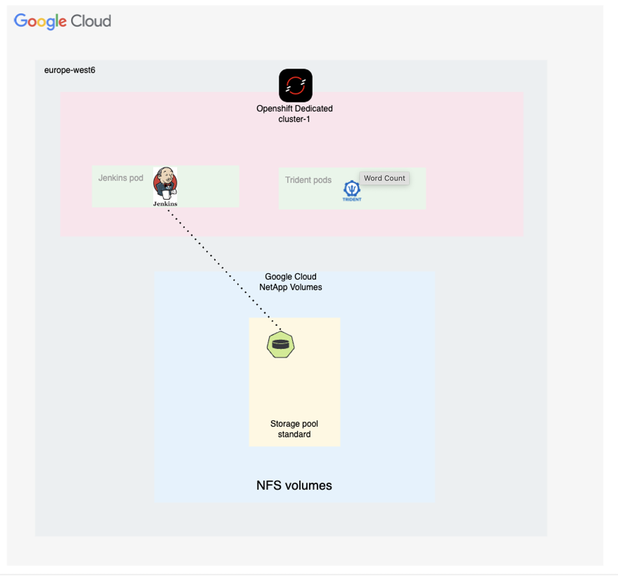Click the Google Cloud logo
62,21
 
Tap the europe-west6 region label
70,70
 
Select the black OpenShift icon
295,85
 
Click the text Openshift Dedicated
294,109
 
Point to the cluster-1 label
294,119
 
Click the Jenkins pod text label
120,178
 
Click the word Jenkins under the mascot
165,204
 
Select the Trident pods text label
308,180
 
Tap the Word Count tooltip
384,178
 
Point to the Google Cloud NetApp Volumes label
290,282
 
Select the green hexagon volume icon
280,344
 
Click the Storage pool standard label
294,429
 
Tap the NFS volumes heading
294,485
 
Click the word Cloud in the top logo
91,21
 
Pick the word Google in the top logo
40,21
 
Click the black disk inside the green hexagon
280,344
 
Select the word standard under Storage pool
294,434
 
